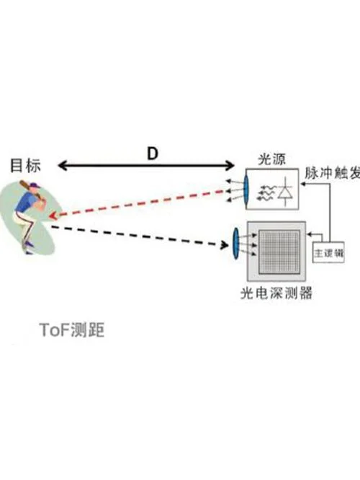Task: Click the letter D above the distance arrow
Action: coord(153,154)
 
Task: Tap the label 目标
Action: coord(25,165)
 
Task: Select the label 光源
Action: coord(272,159)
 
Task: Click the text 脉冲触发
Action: coord(332,173)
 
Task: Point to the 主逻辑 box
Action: coord(328,252)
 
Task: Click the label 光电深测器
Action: coord(276,293)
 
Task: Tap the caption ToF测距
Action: coord(72,330)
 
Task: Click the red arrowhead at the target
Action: coord(53,215)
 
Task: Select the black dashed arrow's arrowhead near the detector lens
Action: coord(225,244)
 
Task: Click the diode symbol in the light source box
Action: coord(286,191)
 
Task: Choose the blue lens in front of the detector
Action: coord(236,244)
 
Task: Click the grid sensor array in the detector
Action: coord(279,252)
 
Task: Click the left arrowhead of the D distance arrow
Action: coord(62,166)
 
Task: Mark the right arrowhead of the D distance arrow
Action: coord(230,166)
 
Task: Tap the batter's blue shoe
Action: coord(29,244)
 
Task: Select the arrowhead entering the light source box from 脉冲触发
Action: coord(302,184)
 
